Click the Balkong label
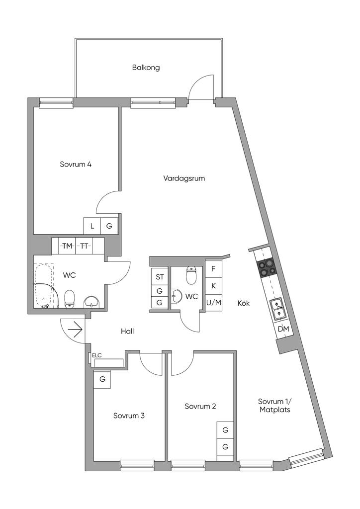point(146,68)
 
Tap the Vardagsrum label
point(184,178)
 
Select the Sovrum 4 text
point(76,165)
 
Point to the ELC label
point(97,355)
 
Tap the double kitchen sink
point(277,308)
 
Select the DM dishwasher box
point(283,329)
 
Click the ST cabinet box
point(160,276)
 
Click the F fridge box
point(213,269)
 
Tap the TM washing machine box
point(67,246)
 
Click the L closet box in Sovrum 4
point(92,226)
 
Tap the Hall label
point(127,331)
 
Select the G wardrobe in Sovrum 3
point(102,379)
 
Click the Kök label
point(243,303)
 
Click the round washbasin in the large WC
point(91,301)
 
